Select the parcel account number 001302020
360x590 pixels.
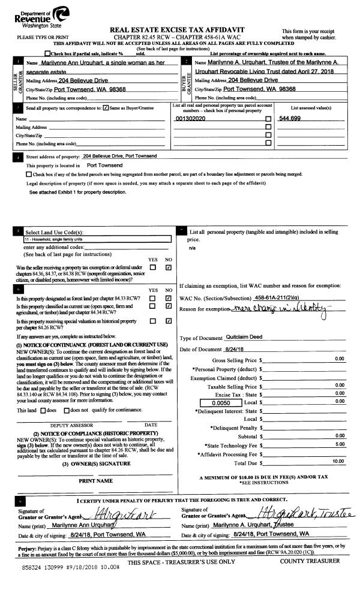tap(190, 119)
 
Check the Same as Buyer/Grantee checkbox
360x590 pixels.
tap(106, 108)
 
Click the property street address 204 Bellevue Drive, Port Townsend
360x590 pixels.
tap(120, 156)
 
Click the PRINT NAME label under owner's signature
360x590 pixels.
tap(96, 481)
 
